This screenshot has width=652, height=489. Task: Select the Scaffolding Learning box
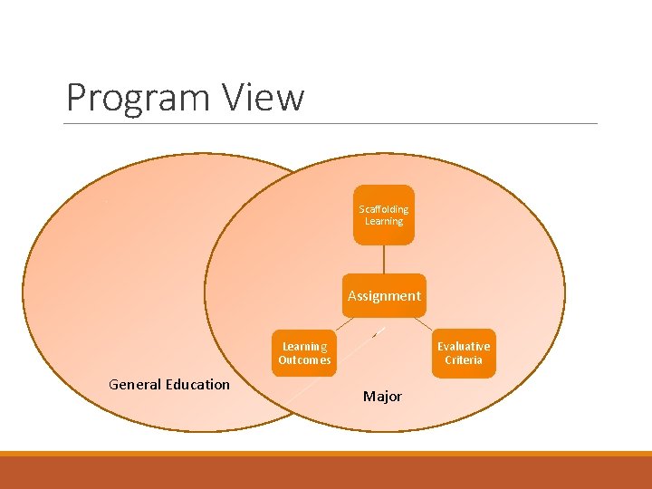click(383, 216)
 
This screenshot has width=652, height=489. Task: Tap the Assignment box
click(384, 295)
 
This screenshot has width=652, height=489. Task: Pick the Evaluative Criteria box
click(463, 353)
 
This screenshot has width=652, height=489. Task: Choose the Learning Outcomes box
click(304, 353)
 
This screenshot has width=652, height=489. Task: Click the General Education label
click(169, 384)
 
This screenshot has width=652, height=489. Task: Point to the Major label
click(382, 396)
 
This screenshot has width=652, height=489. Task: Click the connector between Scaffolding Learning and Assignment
click(384, 259)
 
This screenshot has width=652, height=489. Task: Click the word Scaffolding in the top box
click(384, 209)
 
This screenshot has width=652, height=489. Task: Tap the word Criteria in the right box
click(463, 360)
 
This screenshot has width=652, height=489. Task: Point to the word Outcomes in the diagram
click(304, 360)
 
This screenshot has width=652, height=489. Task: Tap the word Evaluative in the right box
click(463, 346)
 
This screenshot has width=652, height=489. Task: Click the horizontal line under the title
click(331, 123)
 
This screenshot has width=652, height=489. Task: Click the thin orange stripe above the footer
click(326, 454)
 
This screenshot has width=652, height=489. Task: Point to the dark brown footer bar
click(326, 473)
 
